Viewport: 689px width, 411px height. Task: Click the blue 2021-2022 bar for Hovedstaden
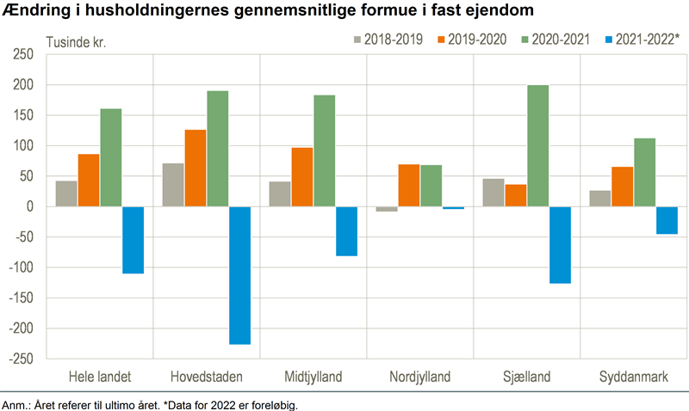point(239,275)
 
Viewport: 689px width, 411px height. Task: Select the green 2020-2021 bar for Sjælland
point(537,146)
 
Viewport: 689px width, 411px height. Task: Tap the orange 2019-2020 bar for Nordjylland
point(409,186)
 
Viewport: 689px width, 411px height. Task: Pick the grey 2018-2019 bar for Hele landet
point(66,193)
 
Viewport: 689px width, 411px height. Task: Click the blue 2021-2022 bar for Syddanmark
point(667,220)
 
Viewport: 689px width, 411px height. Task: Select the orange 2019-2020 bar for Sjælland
point(516,195)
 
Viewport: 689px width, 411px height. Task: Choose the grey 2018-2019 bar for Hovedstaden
point(173,185)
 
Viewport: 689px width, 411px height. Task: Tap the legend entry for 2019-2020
point(469,40)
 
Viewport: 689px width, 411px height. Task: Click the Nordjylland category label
point(419,377)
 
